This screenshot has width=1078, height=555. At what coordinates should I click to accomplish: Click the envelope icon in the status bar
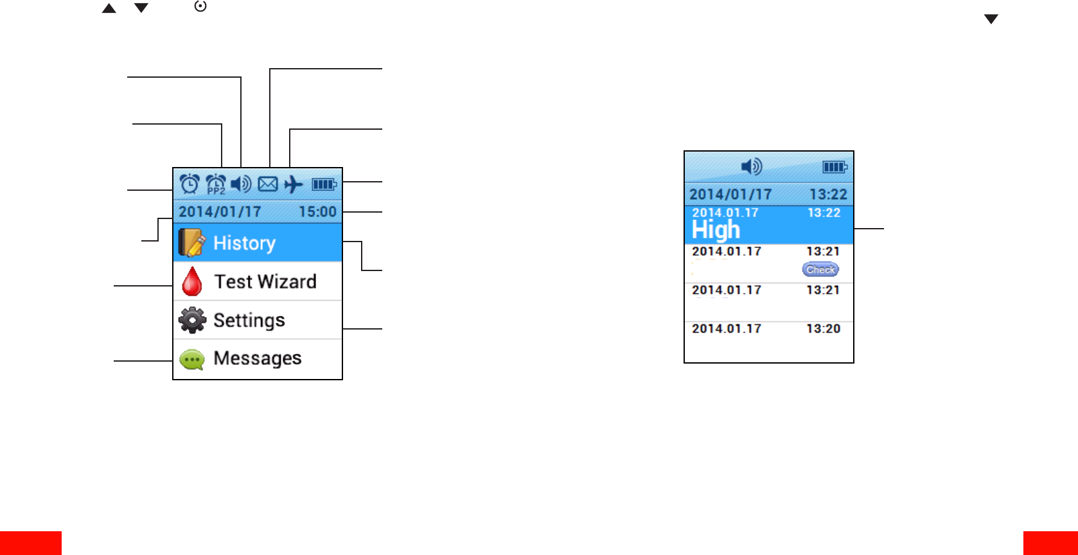(x=268, y=185)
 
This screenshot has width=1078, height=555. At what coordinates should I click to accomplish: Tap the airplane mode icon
(x=294, y=185)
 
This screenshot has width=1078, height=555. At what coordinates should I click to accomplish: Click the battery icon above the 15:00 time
(x=324, y=185)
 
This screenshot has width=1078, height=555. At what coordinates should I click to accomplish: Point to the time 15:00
(x=317, y=212)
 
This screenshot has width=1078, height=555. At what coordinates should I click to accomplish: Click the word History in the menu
(x=244, y=243)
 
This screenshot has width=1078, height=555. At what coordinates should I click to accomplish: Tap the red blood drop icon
(x=191, y=281)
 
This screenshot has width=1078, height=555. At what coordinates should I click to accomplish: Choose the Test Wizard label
(x=265, y=281)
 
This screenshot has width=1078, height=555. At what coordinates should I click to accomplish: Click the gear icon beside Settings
(x=192, y=320)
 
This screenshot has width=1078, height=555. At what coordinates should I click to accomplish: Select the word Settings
(x=249, y=320)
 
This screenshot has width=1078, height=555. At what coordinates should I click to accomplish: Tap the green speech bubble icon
(x=192, y=359)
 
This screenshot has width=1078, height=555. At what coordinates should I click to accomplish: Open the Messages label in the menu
(x=258, y=358)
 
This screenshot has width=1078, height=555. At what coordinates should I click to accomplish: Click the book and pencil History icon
(x=191, y=243)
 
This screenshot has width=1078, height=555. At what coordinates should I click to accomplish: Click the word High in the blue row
(x=716, y=230)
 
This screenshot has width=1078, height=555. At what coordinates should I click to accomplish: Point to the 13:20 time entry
(x=823, y=329)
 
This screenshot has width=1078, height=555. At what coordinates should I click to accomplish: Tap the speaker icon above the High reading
(x=751, y=167)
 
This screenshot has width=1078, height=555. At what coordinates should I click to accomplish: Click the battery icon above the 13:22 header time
(x=835, y=168)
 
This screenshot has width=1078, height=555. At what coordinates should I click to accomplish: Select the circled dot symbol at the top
(x=200, y=6)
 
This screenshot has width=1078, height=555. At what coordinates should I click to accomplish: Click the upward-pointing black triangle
(x=109, y=9)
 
